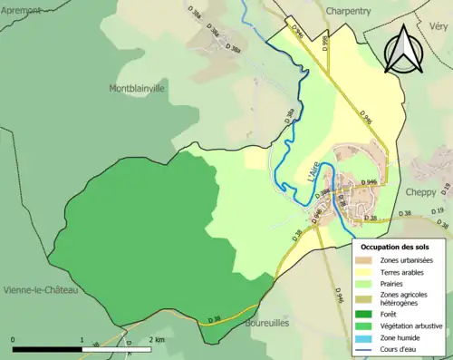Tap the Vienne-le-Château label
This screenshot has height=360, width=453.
click(x=42, y=289)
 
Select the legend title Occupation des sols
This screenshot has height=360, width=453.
click(x=395, y=247)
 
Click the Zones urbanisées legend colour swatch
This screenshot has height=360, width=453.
click(x=368, y=261)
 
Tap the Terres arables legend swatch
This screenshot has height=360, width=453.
click(x=368, y=273)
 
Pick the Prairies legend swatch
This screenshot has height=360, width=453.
click(x=368, y=284)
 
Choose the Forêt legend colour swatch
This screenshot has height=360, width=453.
click(x=368, y=314)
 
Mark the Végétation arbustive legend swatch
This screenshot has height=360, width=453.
click(x=368, y=326)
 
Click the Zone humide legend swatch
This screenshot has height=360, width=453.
click(x=368, y=337)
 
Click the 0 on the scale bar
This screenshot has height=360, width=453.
click(x=14, y=339)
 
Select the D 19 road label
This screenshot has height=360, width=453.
click(x=439, y=211)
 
